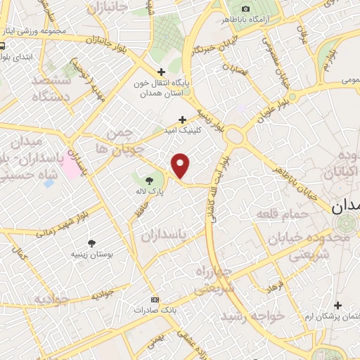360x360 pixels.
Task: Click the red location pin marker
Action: click(181, 165)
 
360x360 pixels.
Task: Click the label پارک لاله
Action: click(146, 192)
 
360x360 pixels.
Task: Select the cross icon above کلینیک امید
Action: click(183, 120)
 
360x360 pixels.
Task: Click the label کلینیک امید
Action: click(184, 131)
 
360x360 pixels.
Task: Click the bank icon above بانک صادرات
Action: click(155, 297)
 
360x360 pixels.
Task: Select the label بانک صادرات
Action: click(155, 309)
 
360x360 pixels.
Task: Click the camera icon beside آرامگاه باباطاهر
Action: click(245, 8)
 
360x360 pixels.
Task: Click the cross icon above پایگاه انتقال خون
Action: click(162, 72)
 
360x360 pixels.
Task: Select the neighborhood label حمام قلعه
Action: click(282, 213)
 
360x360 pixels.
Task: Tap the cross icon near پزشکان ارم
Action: click(338, 305)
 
